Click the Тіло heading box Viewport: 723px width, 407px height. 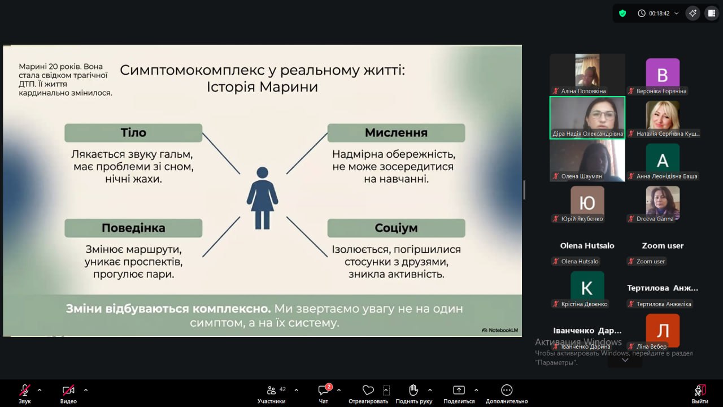(x=133, y=133)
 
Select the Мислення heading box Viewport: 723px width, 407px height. (x=396, y=133)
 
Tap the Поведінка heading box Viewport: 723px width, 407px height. (x=133, y=228)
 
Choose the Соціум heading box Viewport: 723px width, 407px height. (x=396, y=228)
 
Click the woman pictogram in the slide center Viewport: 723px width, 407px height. (x=263, y=198)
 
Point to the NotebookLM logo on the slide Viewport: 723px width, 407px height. (x=500, y=330)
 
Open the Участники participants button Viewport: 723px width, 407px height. (x=272, y=394)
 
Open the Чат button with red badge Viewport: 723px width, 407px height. (x=324, y=394)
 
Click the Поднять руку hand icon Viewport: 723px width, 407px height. (x=413, y=390)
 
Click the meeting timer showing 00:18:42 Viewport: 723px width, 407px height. (x=659, y=13)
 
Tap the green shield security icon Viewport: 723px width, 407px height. (x=622, y=13)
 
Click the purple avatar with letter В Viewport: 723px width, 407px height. (x=663, y=74)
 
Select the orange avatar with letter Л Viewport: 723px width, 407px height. (x=663, y=330)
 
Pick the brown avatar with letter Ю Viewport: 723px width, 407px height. (x=587, y=202)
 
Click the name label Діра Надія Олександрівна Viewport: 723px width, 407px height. (x=587, y=133)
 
